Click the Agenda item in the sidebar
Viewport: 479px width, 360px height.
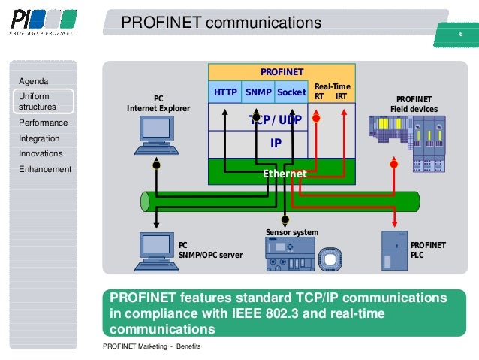(x=34, y=81)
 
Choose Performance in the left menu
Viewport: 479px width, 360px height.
(x=43, y=123)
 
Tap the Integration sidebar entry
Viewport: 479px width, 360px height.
(x=39, y=138)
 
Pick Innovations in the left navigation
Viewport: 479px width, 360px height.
(x=41, y=153)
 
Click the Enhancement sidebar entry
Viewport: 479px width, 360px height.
(x=44, y=169)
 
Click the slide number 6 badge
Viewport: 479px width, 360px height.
(x=460, y=35)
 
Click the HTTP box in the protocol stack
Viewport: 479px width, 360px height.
(x=225, y=93)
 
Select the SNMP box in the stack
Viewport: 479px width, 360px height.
(x=258, y=93)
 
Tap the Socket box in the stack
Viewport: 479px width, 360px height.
(x=291, y=93)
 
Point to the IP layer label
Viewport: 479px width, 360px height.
(x=275, y=142)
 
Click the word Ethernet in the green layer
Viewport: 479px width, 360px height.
(x=284, y=174)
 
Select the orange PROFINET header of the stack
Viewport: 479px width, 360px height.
(x=282, y=72)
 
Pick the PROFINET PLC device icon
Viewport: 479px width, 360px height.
(x=394, y=251)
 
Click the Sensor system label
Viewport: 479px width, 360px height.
(x=292, y=232)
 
